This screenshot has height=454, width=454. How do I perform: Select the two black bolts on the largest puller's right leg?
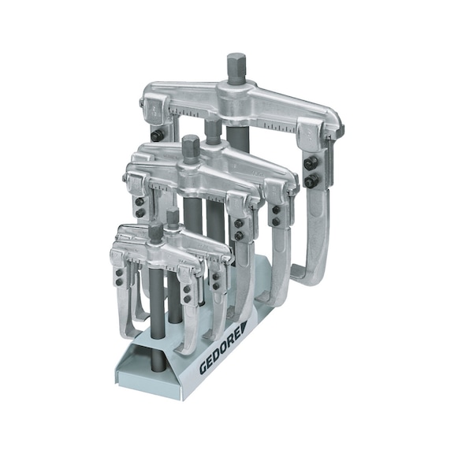(x=312, y=173)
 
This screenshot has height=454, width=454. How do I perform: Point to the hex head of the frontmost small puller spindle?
(x=156, y=232)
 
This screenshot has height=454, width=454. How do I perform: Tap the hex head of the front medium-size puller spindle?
(x=190, y=146)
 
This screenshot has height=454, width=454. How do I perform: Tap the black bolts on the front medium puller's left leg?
(x=140, y=207)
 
